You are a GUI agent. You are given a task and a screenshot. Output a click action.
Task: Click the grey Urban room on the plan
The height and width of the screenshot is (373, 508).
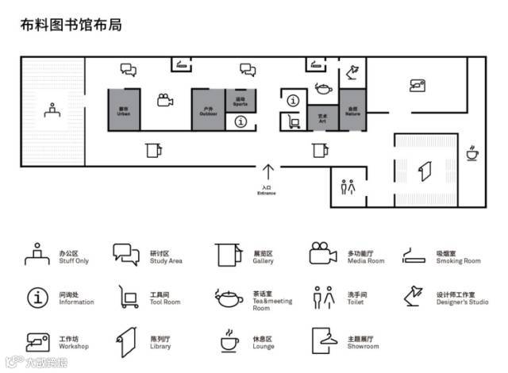tap(123, 109)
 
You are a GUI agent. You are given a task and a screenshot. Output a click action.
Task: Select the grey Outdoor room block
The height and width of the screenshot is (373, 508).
tap(207, 109)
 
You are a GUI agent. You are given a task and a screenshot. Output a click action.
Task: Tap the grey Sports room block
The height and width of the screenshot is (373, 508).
tap(241, 100)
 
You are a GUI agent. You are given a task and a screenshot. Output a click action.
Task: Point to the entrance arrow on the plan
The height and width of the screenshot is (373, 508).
tap(268, 171)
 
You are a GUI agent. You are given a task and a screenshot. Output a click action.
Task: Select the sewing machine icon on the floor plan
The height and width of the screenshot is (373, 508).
tap(418, 85)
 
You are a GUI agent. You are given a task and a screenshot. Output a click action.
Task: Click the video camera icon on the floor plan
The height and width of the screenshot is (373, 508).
tap(164, 100)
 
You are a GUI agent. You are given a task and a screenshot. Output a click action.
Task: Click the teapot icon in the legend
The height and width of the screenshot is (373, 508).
tap(229, 298)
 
